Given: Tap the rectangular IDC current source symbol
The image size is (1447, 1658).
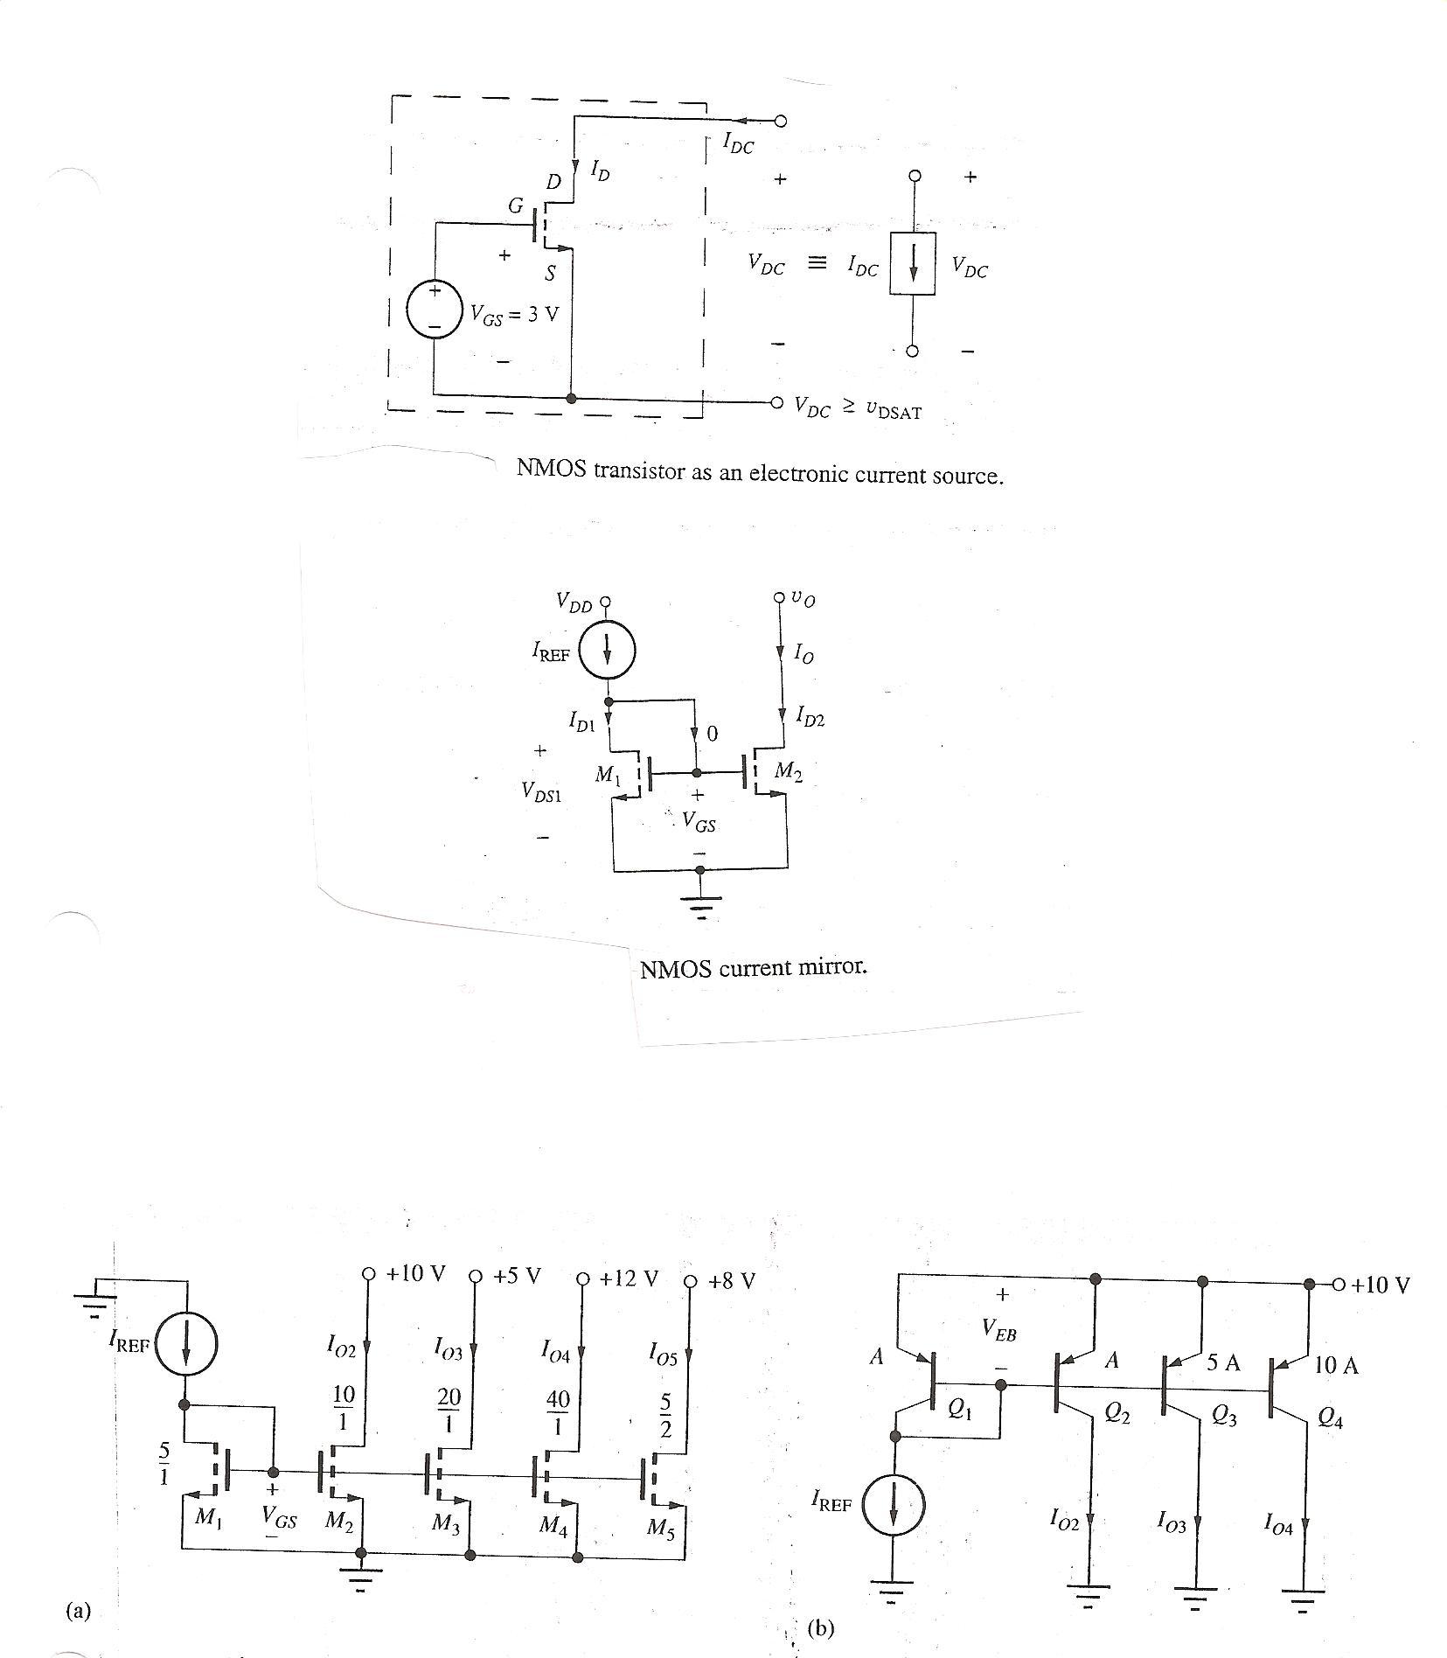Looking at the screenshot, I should pos(913,263).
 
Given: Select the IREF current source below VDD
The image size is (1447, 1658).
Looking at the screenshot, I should pos(607,651).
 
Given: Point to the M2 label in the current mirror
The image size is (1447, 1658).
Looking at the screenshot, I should pos(788,771).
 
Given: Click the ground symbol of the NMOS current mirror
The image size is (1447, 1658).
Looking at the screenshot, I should pos(699,905).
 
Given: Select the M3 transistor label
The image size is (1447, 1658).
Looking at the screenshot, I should pos(445,1524).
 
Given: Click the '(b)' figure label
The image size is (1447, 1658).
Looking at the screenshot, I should pos(821,1628).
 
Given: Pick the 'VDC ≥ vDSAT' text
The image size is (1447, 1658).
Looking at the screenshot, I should pos(858,408).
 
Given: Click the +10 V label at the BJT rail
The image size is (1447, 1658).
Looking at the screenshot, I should pos(1381,1285).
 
